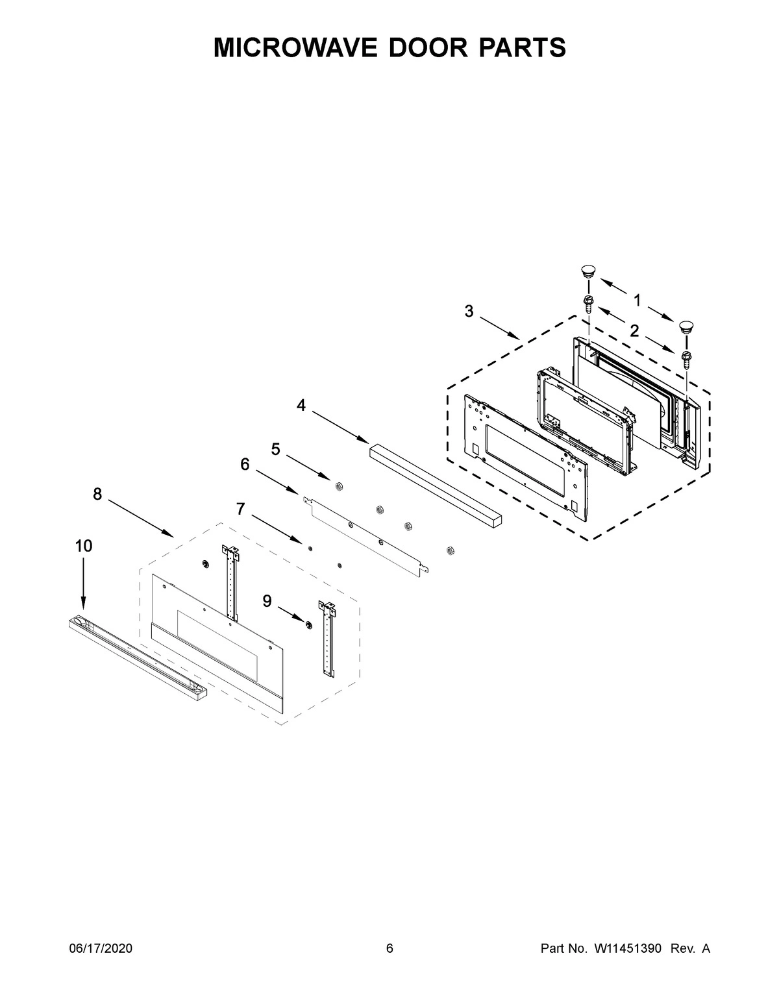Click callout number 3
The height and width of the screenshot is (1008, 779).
point(469,312)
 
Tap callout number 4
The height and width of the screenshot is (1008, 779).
point(301,406)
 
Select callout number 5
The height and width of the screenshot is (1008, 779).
point(275,449)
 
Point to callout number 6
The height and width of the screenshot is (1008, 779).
point(245,464)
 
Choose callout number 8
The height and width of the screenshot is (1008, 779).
point(97,495)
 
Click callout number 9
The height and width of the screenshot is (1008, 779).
point(267,602)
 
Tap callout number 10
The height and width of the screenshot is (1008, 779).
point(84,546)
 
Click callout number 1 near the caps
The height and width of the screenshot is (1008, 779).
point(637,300)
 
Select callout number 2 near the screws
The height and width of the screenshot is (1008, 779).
point(634,330)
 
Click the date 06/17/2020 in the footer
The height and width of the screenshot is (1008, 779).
point(101,949)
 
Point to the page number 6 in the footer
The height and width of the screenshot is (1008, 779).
point(389,949)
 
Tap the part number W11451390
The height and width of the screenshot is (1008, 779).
point(627,949)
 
